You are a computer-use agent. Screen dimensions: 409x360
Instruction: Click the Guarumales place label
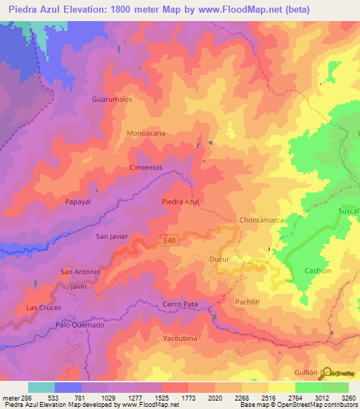click(x=112, y=100)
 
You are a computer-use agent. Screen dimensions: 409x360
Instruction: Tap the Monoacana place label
click(x=146, y=133)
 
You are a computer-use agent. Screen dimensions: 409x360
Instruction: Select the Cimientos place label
click(x=146, y=168)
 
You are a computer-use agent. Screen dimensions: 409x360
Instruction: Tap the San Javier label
click(x=112, y=236)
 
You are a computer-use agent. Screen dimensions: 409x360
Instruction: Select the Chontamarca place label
click(x=262, y=220)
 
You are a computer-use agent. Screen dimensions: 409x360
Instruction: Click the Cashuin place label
click(x=317, y=271)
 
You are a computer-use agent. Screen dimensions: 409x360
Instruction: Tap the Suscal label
click(x=349, y=210)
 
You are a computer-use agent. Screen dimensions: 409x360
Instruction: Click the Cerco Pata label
click(x=180, y=304)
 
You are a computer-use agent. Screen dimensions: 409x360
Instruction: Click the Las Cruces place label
click(x=44, y=308)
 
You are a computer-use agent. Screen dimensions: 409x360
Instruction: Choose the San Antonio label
click(x=81, y=271)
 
